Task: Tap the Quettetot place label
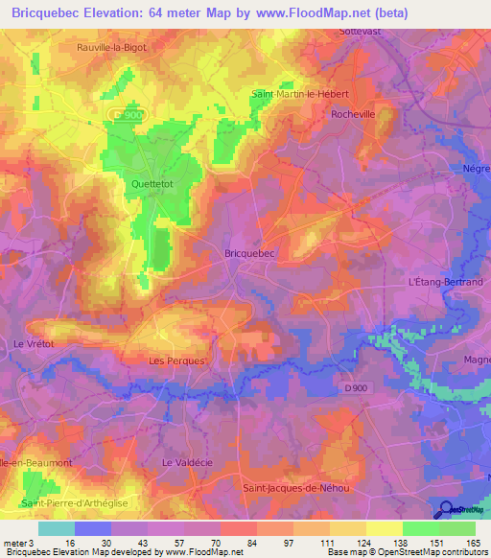152,184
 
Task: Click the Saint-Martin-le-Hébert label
299,94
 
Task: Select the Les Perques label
177,360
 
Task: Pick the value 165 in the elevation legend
470,542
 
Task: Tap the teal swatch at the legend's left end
57,528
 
